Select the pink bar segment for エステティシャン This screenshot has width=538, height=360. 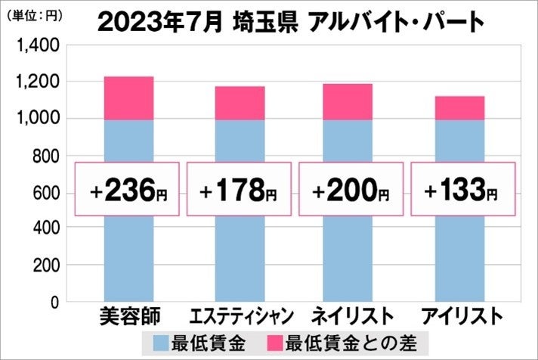click(240, 103)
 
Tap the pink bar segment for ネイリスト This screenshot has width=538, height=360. click(347, 101)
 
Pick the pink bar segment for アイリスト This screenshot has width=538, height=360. click(459, 107)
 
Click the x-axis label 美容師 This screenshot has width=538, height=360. click(128, 315)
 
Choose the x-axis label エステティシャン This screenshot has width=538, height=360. click(240, 315)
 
